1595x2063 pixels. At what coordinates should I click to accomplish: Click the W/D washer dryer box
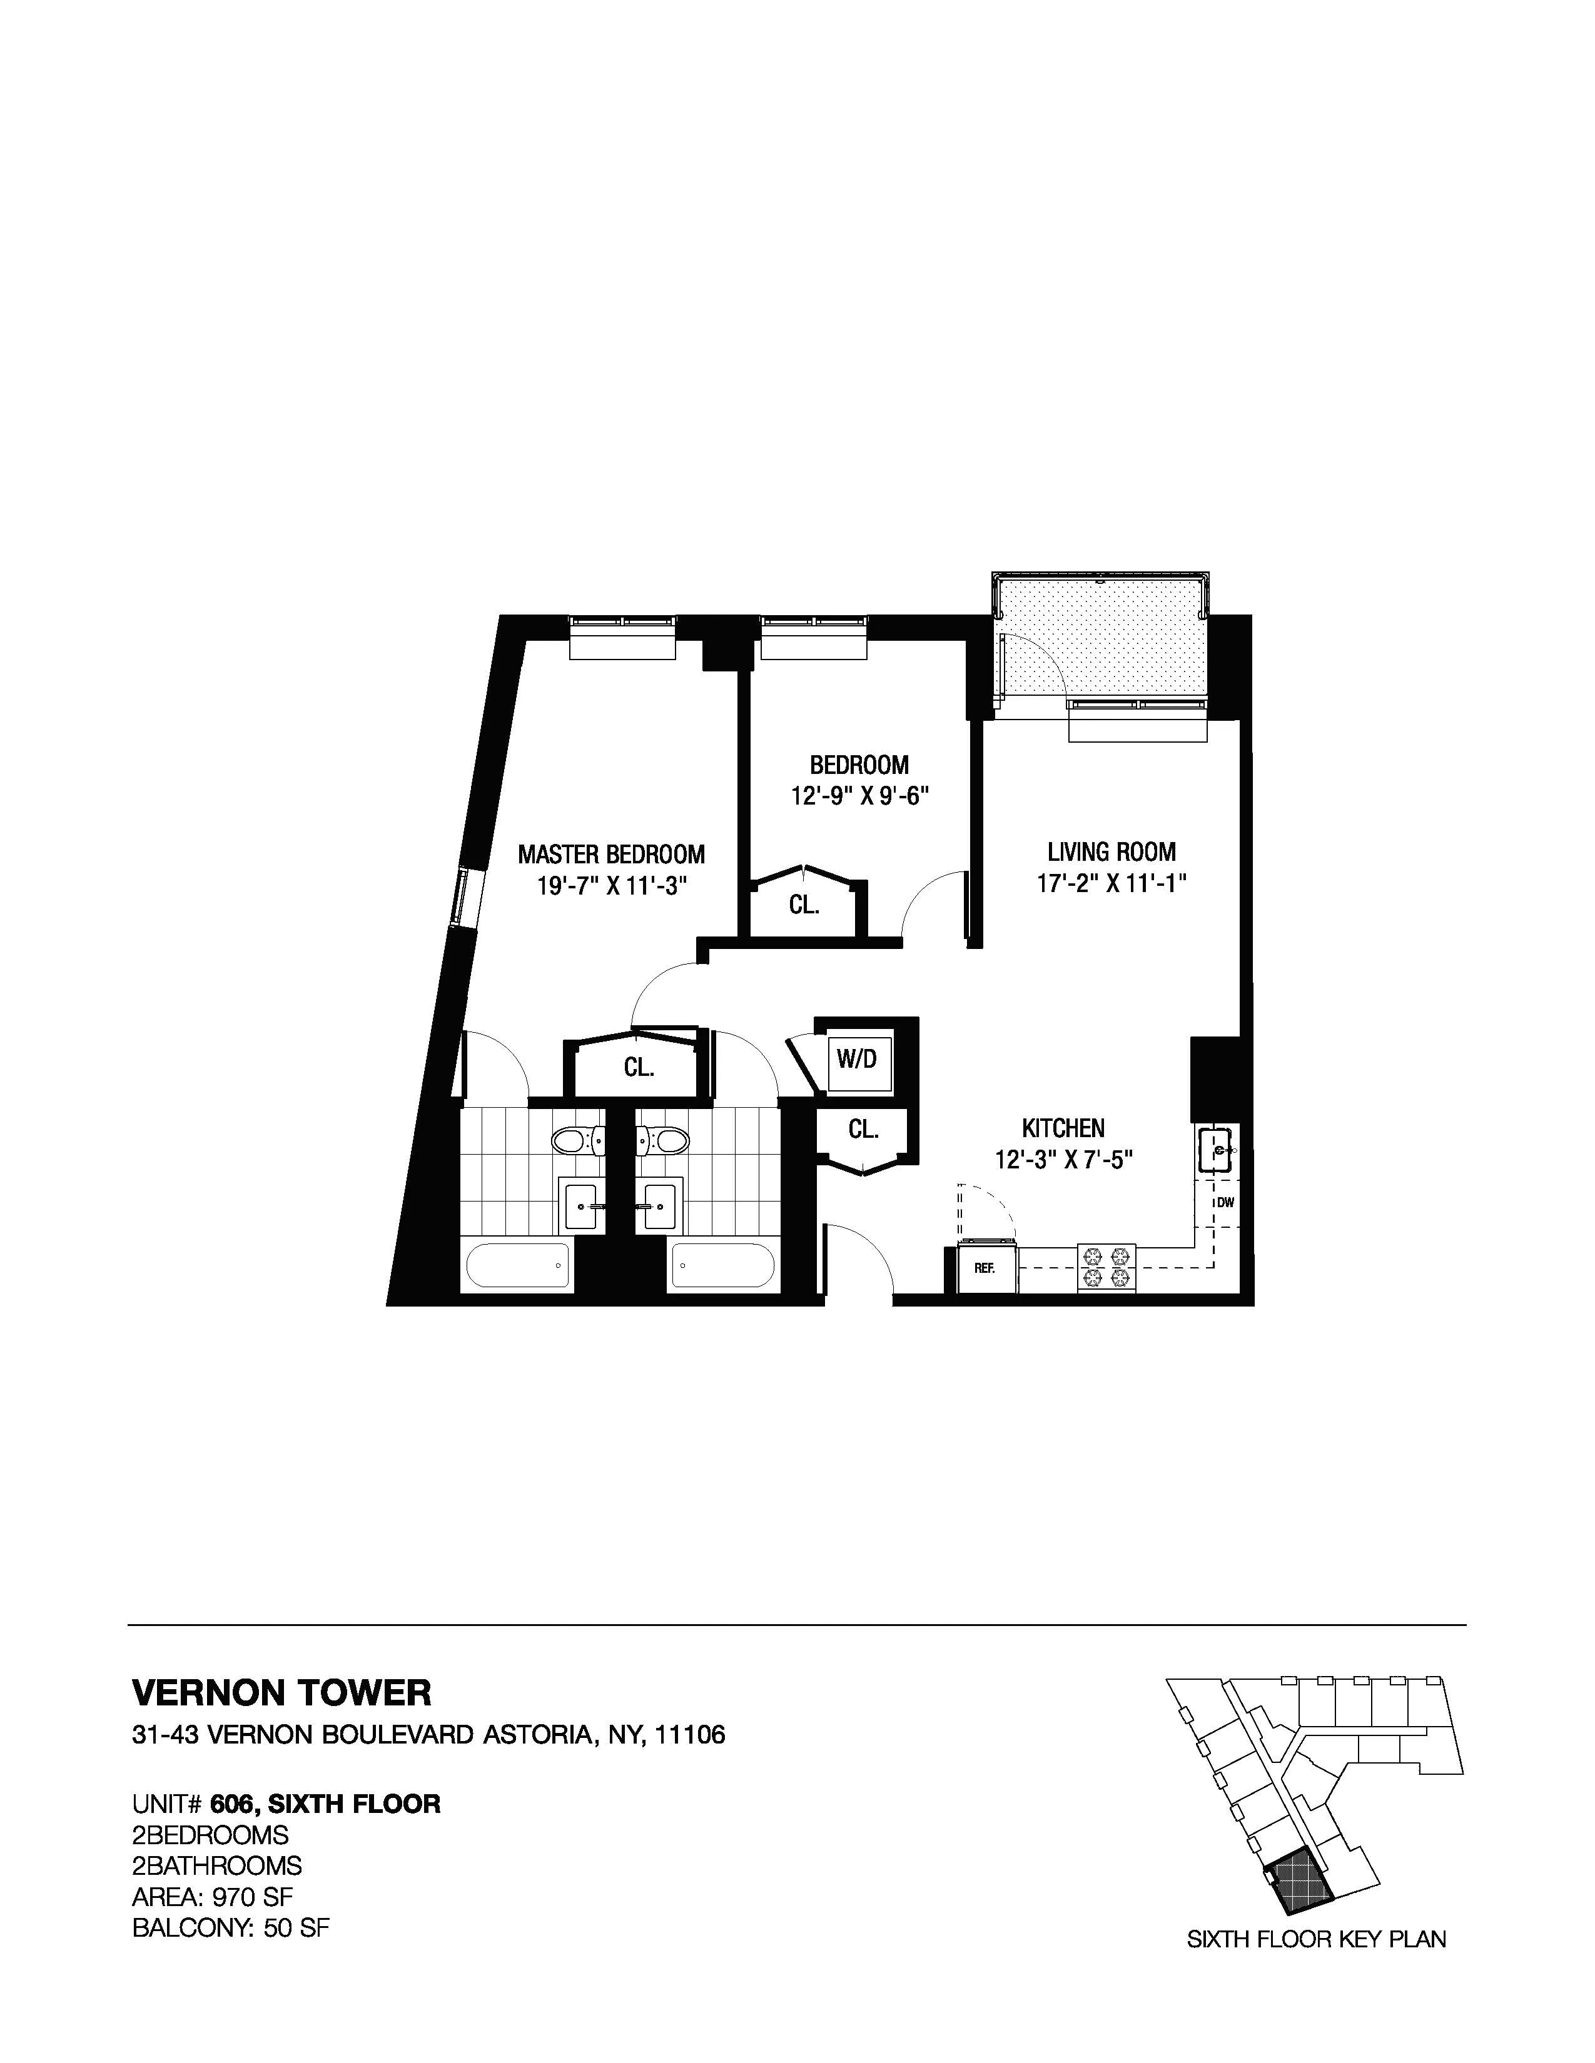point(857,1059)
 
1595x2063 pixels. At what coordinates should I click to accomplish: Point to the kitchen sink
point(1215,1150)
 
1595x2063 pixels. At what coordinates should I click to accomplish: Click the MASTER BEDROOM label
point(610,855)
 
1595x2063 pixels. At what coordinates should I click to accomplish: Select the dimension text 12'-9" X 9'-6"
point(860,796)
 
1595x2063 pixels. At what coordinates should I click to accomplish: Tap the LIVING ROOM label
point(1111,852)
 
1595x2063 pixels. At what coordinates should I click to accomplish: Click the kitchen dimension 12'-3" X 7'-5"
point(1063,1159)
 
